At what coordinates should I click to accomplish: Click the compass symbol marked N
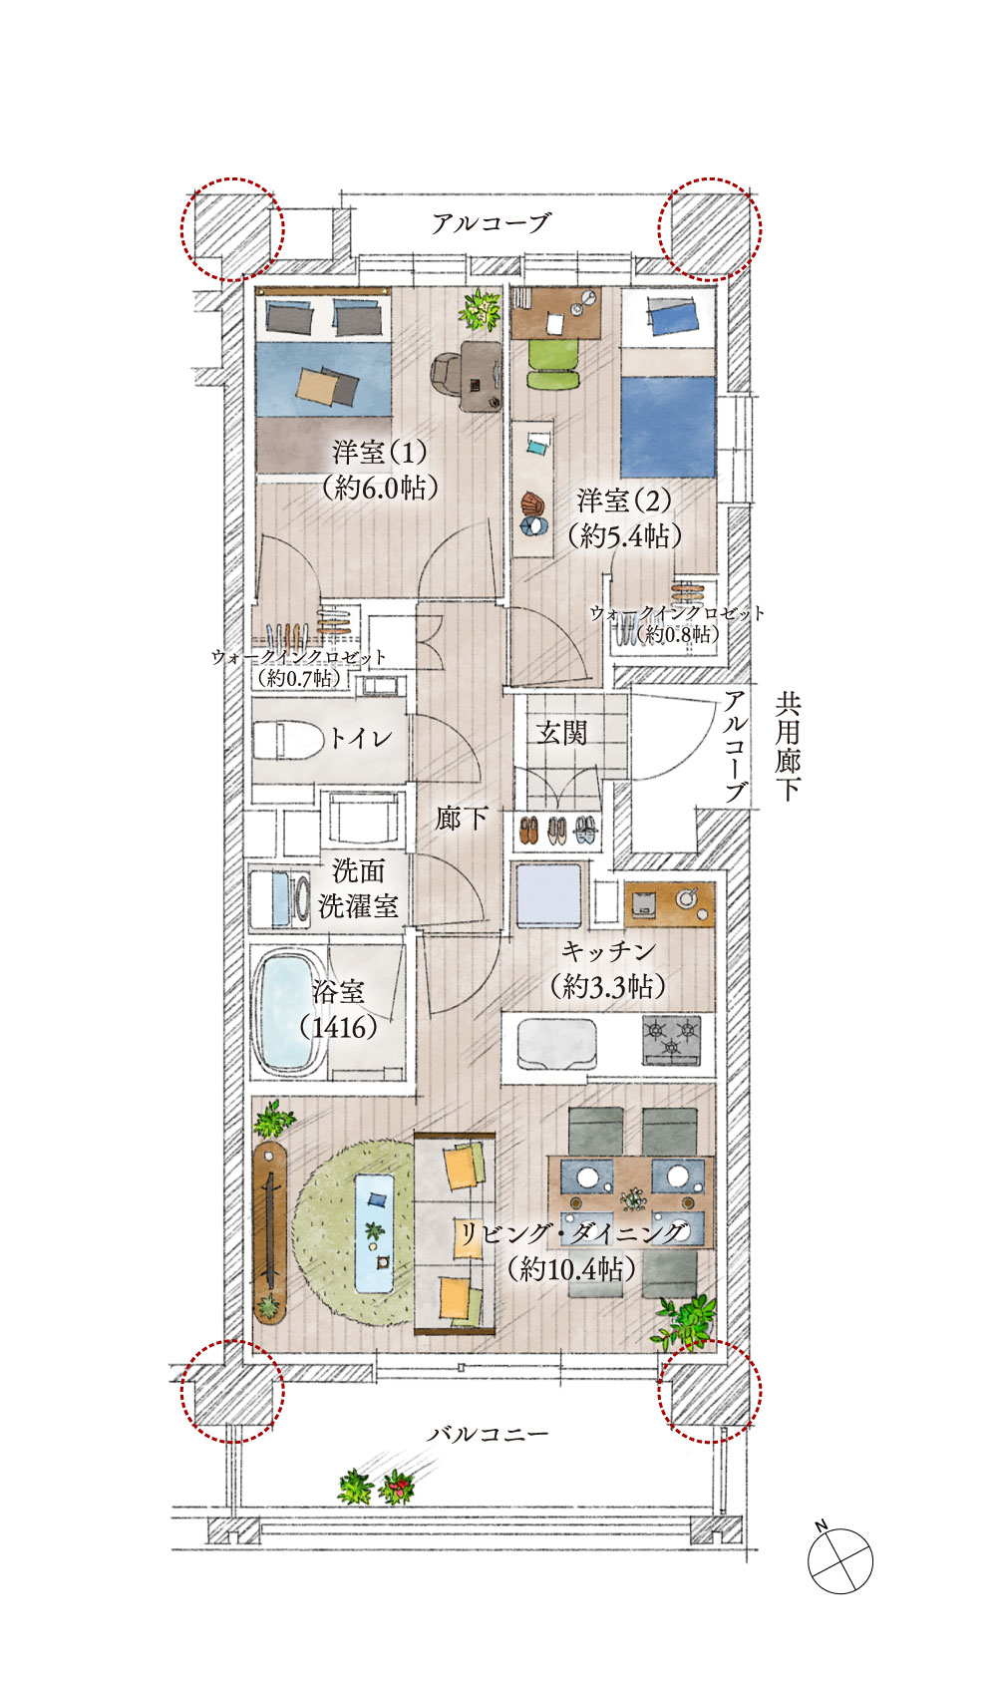tap(839, 1559)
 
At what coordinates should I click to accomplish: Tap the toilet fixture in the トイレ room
tap(285, 740)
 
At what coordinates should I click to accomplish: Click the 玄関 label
tap(561, 734)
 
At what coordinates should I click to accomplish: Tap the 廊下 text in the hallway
tap(461, 820)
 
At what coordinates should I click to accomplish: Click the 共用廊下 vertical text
tap(788, 748)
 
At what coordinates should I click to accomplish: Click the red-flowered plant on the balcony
tap(398, 1489)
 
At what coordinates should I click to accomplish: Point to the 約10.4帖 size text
tap(570, 1268)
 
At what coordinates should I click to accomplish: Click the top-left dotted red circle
tap(232, 229)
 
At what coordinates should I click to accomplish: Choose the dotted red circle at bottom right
tap(710, 1391)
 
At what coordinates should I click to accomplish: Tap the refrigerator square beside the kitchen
tap(547, 895)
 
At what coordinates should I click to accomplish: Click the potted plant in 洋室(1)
tap(481, 309)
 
